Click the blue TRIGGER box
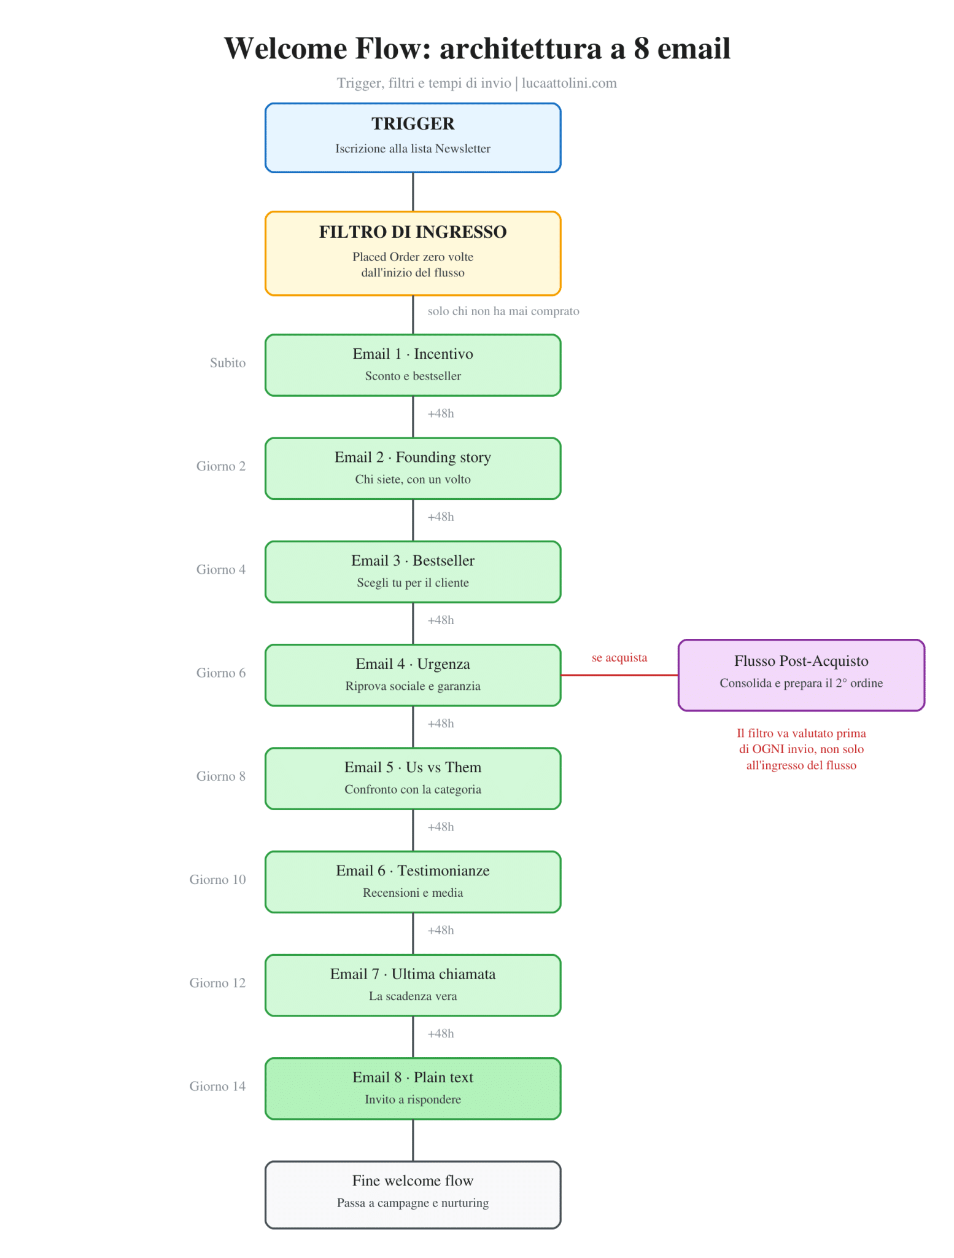tap(413, 138)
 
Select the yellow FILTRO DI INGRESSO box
tap(413, 253)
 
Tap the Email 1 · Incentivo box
tap(413, 365)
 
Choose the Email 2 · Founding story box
tap(413, 468)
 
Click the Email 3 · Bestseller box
tap(413, 571)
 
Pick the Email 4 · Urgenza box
tap(413, 675)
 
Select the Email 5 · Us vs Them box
tap(413, 778)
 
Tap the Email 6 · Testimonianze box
tap(413, 881)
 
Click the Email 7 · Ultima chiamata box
tap(413, 985)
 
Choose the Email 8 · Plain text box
tap(413, 1088)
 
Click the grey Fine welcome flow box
tap(413, 1195)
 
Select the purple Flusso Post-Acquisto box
tap(801, 675)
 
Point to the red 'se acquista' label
tap(619, 657)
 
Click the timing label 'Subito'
tap(228, 362)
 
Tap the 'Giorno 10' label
tap(217, 879)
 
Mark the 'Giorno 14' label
tap(217, 1086)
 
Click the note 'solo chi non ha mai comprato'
tap(503, 311)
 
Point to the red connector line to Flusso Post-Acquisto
tap(619, 675)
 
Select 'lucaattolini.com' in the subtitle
tap(569, 83)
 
